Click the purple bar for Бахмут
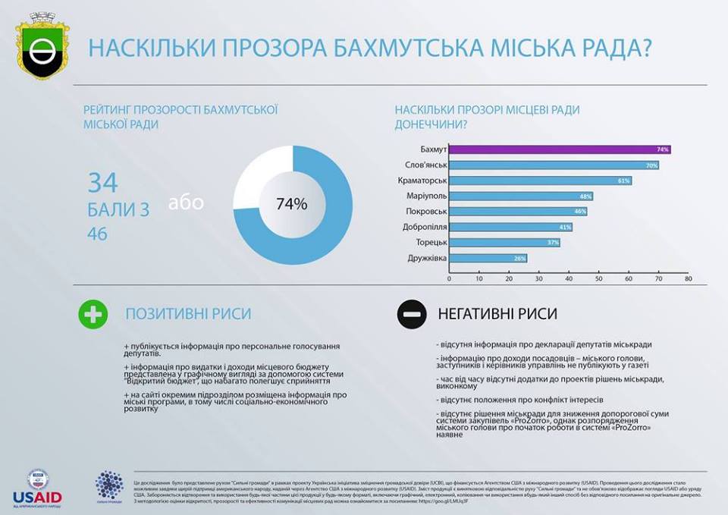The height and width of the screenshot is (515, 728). pyautogui.click(x=560, y=149)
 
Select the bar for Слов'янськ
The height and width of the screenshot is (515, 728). pyautogui.click(x=554, y=165)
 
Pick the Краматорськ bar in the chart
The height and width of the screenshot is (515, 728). pyautogui.click(x=540, y=181)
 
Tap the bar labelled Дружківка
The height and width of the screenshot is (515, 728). pyautogui.click(x=488, y=258)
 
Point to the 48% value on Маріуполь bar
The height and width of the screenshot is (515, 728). pyautogui.click(x=585, y=196)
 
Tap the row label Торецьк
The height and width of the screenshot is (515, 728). pyautogui.click(x=431, y=243)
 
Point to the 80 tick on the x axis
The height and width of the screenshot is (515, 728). pyautogui.click(x=688, y=279)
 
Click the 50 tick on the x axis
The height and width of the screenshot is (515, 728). pyautogui.click(x=598, y=279)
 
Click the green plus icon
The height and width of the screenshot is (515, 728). pyautogui.click(x=93, y=314)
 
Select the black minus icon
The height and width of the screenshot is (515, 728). pyautogui.click(x=410, y=314)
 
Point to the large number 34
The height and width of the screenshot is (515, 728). pyautogui.click(x=103, y=183)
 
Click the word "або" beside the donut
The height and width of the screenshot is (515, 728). pyautogui.click(x=186, y=203)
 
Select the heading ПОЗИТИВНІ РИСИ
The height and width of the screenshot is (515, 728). pyautogui.click(x=188, y=314)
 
